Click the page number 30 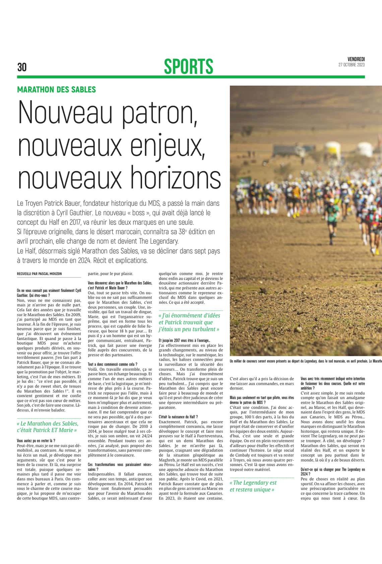22,67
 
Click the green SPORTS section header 188,66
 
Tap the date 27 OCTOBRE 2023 351,65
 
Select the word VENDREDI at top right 356,59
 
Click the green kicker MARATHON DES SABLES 56,89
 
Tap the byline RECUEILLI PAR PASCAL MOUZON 39,274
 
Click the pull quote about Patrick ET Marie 47,427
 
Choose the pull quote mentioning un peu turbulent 189,322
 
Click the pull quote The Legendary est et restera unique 253,486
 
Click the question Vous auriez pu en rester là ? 36,441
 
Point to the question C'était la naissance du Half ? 178,417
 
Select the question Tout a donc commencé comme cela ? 112,364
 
